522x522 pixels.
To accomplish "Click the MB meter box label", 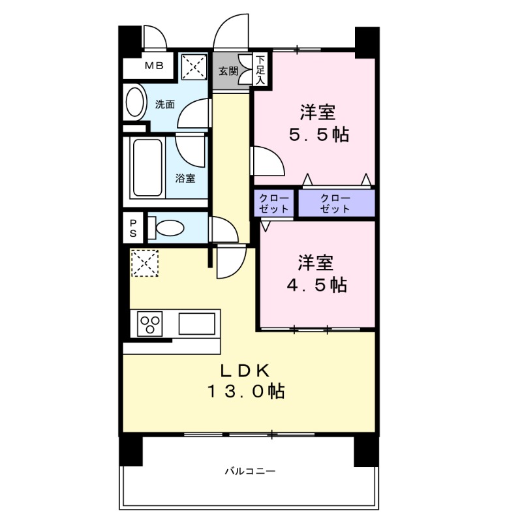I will (154, 65).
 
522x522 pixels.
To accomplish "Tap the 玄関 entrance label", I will (228, 70).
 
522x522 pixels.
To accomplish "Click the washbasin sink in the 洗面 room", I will (135, 103).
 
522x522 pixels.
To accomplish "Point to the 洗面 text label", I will (164, 104).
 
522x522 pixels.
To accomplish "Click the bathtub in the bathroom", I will (146, 168).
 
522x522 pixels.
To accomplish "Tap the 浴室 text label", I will (185, 177).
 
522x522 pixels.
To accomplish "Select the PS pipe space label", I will (132, 228).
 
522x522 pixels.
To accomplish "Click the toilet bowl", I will (168, 228).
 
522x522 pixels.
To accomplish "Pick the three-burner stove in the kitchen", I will (151, 324).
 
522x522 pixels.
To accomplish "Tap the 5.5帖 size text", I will (318, 135).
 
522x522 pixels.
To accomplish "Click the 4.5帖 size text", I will (318, 284).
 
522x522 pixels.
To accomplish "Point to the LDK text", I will (245, 370).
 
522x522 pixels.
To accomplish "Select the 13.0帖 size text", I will (245, 391).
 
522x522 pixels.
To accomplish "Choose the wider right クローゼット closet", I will (336, 204).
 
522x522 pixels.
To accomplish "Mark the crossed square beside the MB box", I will (192, 65).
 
